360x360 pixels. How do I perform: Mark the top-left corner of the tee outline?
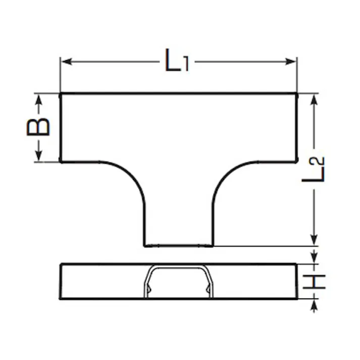[x=61, y=94]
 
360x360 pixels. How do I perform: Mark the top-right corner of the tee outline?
[x=296, y=94]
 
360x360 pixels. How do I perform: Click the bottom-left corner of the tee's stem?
[x=145, y=246]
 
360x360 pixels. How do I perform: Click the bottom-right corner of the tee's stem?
[x=213, y=246]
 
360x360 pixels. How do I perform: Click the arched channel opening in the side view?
[x=179, y=283]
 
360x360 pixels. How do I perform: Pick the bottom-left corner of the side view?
[x=61, y=299]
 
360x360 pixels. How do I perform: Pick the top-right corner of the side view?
[x=296, y=264]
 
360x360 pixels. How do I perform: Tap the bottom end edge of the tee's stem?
[x=179, y=246]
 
